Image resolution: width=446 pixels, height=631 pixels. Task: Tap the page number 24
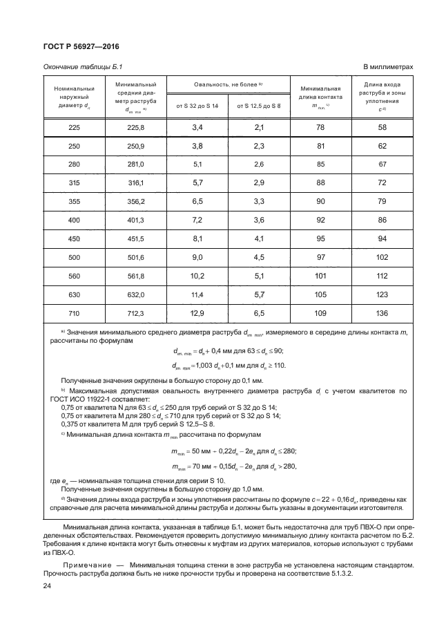coord(47,587)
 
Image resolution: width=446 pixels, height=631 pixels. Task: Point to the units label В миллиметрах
coord(388,67)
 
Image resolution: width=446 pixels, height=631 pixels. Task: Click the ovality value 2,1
coord(260,128)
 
